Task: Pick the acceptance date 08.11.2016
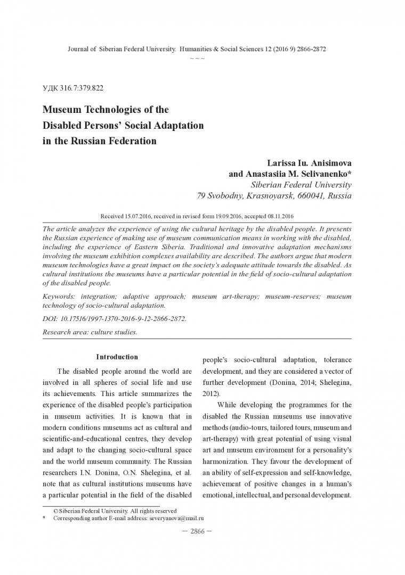click(278, 217)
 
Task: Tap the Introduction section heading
click(117, 357)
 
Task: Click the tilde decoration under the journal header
click(197, 57)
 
